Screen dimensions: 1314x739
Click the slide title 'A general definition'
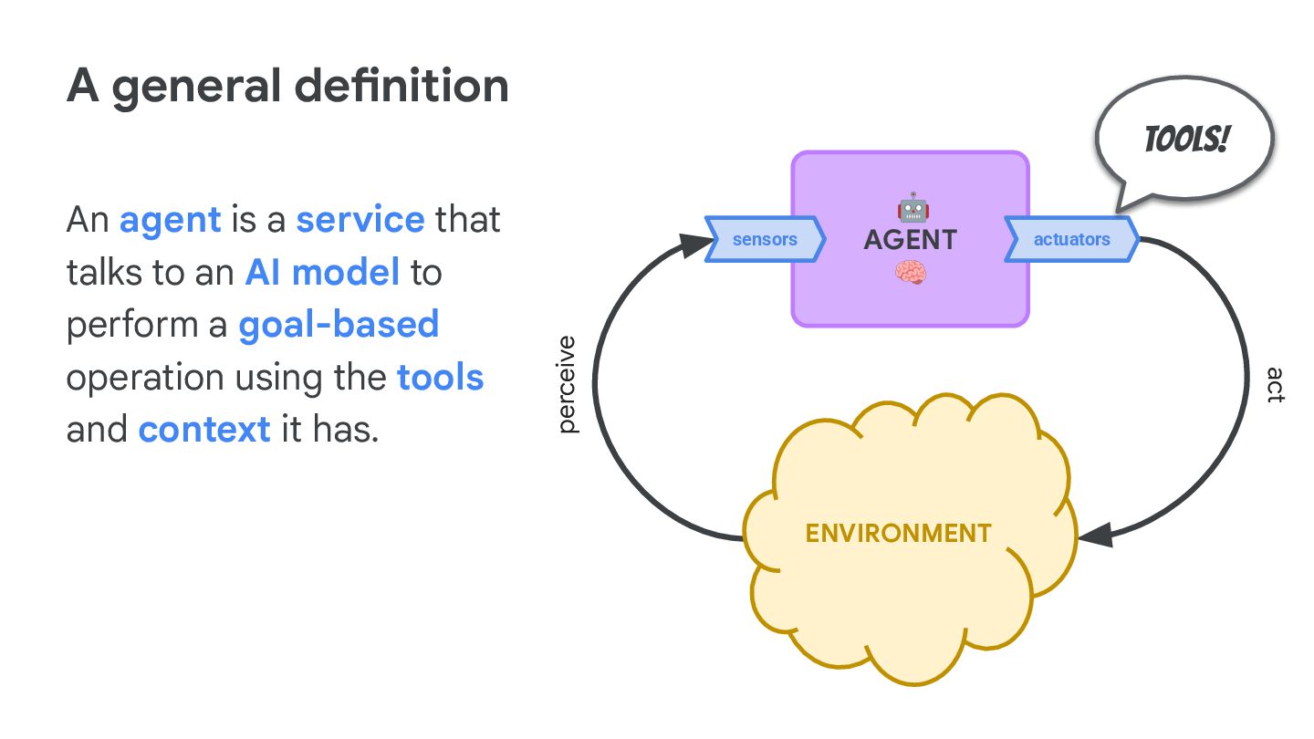point(287,87)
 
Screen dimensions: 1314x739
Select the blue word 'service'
point(360,219)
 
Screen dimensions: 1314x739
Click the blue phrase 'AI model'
point(322,272)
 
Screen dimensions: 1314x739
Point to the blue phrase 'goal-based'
point(339,326)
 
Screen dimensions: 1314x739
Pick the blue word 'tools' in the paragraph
point(441,377)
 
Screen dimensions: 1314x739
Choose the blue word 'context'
point(204,430)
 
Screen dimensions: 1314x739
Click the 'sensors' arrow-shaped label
point(765,239)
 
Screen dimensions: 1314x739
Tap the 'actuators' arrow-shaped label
point(1071,239)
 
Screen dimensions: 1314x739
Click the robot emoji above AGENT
point(912,207)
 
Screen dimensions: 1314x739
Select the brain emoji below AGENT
point(911,273)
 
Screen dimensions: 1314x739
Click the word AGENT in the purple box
point(911,240)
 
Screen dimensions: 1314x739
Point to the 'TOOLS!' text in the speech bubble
point(1186,140)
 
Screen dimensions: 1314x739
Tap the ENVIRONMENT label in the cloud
point(898,534)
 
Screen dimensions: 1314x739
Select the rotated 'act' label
point(1276,385)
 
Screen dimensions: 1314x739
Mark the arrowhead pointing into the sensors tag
point(695,244)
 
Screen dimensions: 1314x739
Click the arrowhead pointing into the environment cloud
point(1096,535)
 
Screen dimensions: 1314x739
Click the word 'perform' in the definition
point(132,326)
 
